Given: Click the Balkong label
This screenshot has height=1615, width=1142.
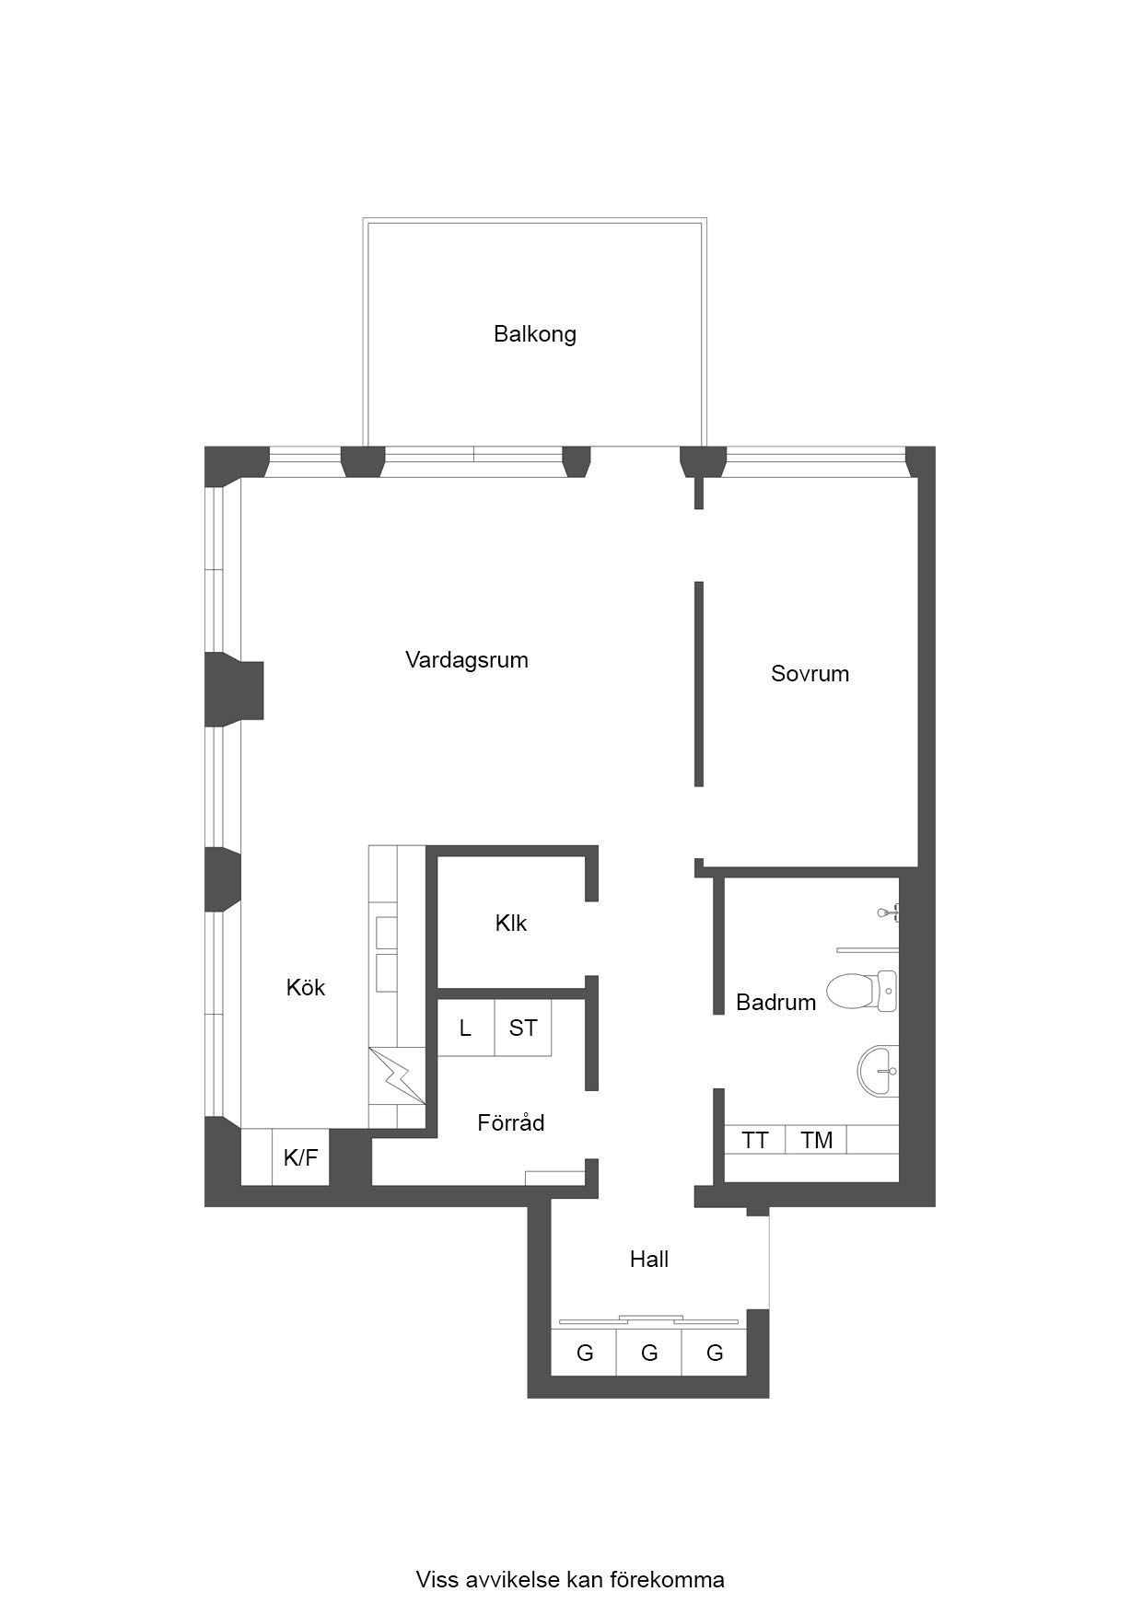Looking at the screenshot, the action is [534, 333].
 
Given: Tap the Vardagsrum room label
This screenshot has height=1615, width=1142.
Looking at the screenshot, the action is [467, 660].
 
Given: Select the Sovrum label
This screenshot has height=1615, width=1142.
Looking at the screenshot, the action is [810, 673].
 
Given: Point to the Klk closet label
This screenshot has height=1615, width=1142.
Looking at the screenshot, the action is [511, 923].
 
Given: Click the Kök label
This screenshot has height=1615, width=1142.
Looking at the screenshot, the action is [306, 987].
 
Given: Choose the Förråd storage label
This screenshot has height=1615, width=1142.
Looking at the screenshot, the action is [511, 1122].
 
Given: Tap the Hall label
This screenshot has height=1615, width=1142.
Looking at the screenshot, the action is [649, 1259].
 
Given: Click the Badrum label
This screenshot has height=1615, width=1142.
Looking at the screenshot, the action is [775, 1002].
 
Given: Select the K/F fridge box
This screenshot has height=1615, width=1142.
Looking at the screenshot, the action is [300, 1157].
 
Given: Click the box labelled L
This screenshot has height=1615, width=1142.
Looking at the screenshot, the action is [465, 1028].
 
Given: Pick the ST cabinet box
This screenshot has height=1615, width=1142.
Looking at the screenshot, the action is [523, 1028].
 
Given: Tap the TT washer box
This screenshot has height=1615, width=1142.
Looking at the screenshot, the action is [755, 1140].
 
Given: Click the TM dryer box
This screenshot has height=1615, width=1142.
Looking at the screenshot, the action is [816, 1140].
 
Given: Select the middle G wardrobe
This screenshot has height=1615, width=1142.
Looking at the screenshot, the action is [649, 1353].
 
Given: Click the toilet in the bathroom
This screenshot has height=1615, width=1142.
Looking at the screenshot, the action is [861, 991].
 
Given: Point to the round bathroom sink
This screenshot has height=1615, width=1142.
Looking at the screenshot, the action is [878, 1072].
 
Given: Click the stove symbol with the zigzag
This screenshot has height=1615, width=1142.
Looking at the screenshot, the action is [398, 1075].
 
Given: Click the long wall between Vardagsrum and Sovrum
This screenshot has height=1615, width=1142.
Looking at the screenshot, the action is [699, 683].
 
